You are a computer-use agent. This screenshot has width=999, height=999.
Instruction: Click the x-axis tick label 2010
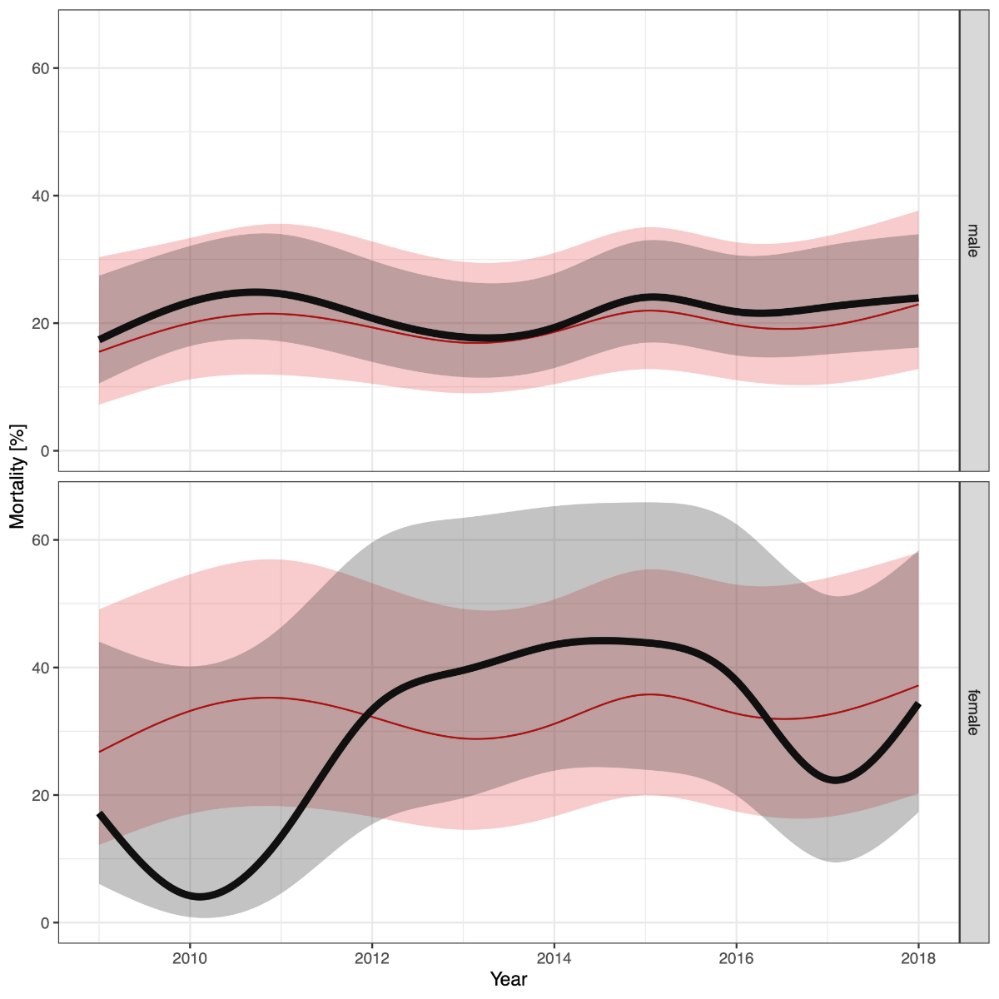[x=190, y=958]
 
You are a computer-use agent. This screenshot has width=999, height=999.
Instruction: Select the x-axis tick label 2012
[x=372, y=958]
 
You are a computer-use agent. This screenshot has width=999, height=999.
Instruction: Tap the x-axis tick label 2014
[x=554, y=958]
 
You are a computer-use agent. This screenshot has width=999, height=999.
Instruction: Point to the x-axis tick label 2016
[x=736, y=958]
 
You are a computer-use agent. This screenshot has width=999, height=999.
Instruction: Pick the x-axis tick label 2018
[x=918, y=958]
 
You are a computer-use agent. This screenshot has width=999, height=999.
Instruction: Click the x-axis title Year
[x=508, y=979]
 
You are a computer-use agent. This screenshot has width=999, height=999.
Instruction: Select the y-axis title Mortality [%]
[x=17, y=476]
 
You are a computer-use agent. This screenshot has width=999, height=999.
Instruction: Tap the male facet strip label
[x=973, y=240]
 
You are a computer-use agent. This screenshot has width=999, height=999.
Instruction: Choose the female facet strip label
[x=973, y=713]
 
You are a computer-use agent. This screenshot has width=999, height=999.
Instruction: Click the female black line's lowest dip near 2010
[x=200, y=897]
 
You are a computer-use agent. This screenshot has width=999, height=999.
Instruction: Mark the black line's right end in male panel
[x=917, y=298]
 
